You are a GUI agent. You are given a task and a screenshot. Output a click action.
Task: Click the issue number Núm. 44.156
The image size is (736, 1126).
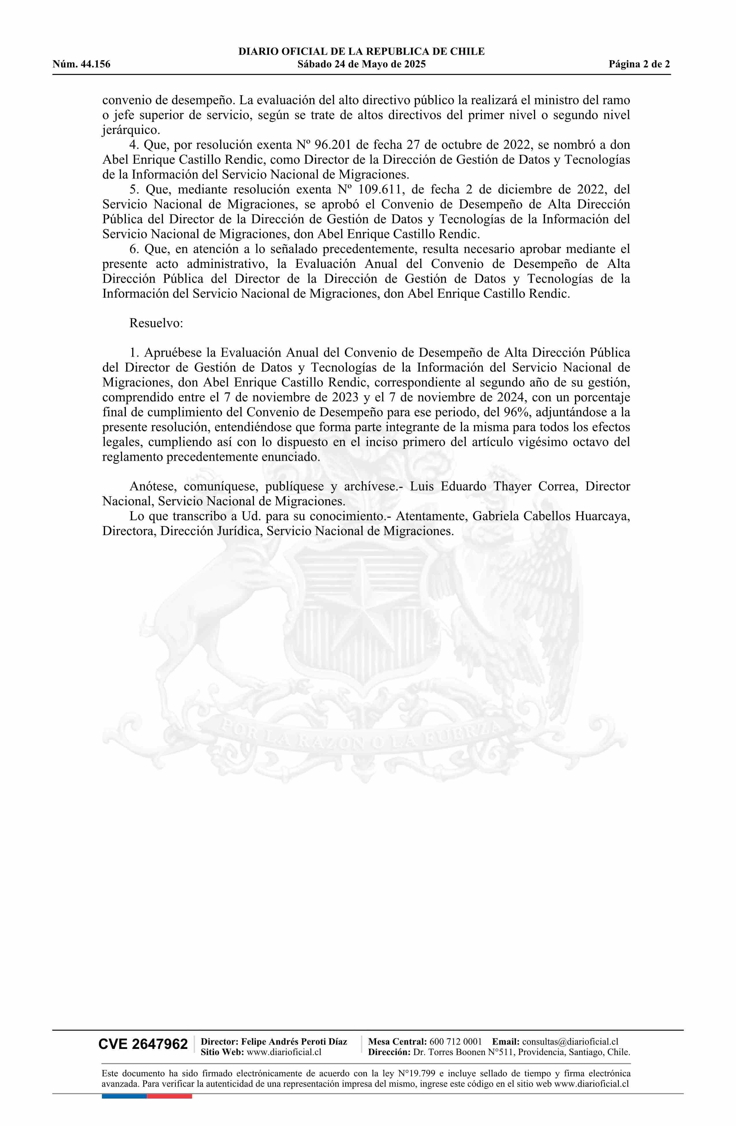(x=81, y=64)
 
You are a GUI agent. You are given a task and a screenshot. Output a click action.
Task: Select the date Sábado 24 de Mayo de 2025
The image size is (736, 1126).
(x=361, y=64)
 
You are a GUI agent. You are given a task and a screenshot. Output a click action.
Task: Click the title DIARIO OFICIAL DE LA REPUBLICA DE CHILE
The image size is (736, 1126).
(x=361, y=52)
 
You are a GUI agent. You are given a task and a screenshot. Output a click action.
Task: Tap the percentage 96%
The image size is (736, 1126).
(x=518, y=412)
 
